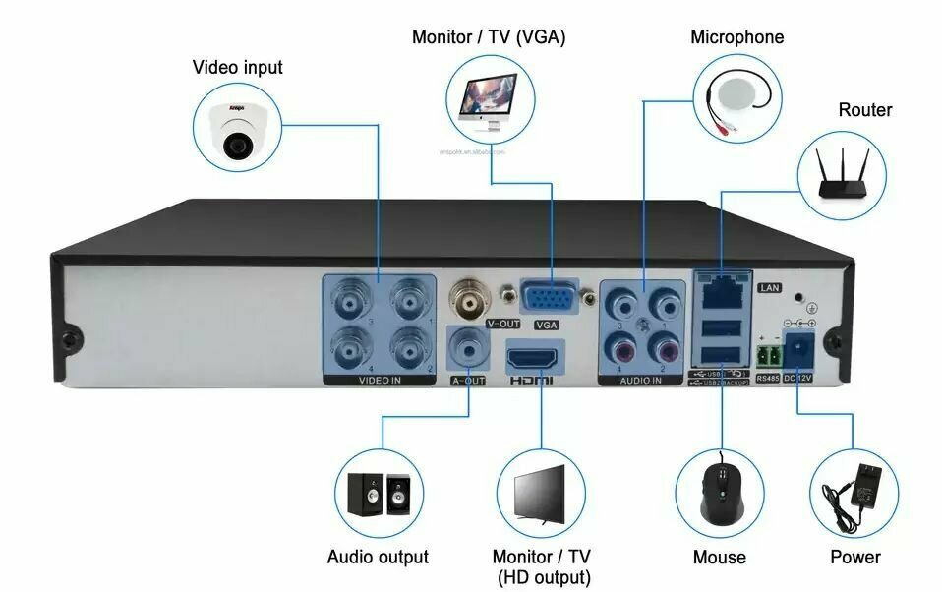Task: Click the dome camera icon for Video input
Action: (237, 126)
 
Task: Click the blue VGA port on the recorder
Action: (549, 297)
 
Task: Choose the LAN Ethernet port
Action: (721, 286)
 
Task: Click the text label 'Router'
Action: (864, 110)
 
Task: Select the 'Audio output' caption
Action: (378, 557)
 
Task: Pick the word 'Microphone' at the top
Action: (736, 37)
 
